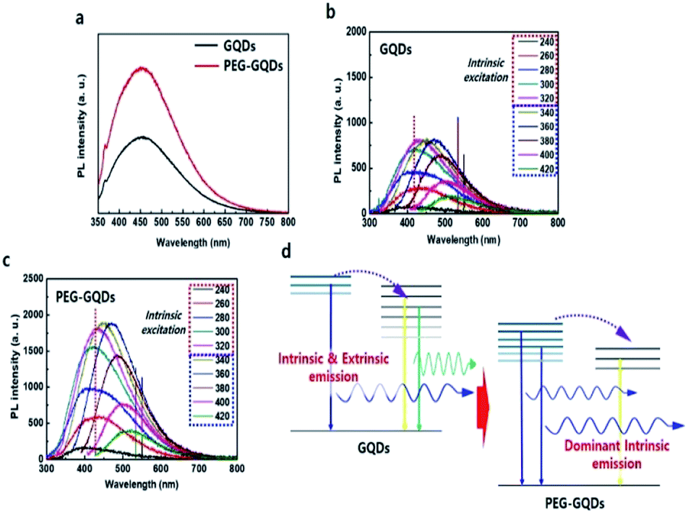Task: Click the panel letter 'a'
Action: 79,19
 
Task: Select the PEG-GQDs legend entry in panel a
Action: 239,66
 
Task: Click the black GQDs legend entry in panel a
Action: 225,46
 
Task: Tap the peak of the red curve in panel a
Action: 142,68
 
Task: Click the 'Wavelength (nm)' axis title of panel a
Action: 193,242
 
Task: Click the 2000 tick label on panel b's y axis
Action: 356,32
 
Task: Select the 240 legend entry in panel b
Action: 536,42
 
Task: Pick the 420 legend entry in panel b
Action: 536,169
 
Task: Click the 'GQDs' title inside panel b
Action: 395,50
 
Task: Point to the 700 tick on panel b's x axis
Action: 520,223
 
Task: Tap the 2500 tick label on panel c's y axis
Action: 33,278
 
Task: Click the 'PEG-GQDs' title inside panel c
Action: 85,298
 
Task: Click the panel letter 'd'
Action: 286,252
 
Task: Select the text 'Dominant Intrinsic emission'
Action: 616,454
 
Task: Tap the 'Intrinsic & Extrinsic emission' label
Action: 333,368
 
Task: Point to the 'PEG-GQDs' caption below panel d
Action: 575,503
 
